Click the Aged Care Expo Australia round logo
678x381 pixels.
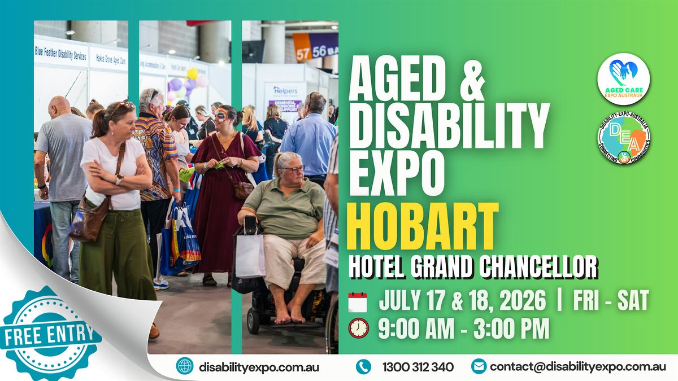click(623, 79)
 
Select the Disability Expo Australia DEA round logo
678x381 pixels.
click(624, 139)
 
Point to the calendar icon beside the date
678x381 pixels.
click(358, 302)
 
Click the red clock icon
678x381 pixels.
click(358, 329)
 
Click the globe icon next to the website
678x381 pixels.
click(184, 366)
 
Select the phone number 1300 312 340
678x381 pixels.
click(418, 367)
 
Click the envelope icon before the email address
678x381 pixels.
click(479, 366)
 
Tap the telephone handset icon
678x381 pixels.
click(363, 367)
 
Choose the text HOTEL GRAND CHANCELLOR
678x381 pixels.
click(472, 266)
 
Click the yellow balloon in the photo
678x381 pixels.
click(193, 73)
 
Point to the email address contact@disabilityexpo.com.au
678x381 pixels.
click(578, 367)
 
